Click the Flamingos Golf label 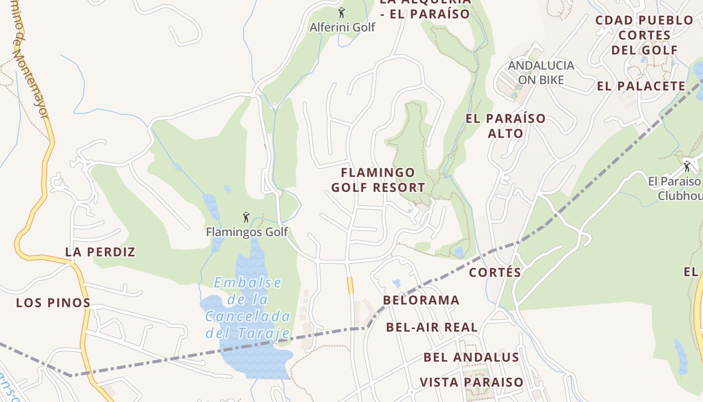click(247, 232)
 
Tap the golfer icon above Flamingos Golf click(246, 217)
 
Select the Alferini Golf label click(342, 27)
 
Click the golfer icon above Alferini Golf click(341, 13)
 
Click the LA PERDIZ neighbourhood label click(100, 252)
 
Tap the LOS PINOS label click(53, 303)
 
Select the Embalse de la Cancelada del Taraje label click(248, 308)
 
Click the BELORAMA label click(421, 300)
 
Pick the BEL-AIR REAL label click(432, 327)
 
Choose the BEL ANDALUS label click(471, 357)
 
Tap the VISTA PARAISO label click(472, 382)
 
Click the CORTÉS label click(495, 272)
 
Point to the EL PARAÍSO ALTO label click(505, 126)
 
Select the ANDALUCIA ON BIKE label click(541, 72)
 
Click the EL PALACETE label click(641, 86)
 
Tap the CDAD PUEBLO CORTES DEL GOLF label click(644, 35)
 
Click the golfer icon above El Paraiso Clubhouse click(687, 166)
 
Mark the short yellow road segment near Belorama click(350, 285)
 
